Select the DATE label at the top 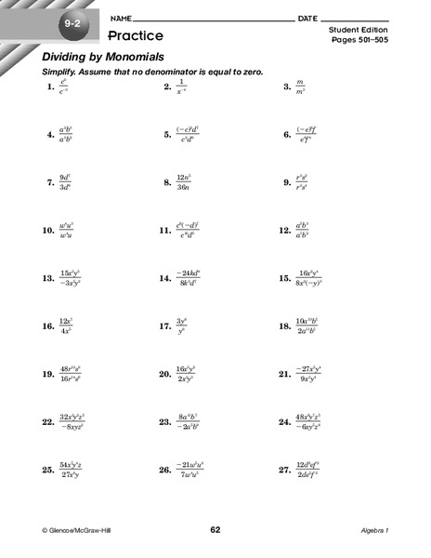(x=309, y=20)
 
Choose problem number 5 (x=168, y=135)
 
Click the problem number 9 (x=287, y=182)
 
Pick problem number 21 (x=285, y=375)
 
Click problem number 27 (x=285, y=471)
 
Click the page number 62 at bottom (x=215, y=530)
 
